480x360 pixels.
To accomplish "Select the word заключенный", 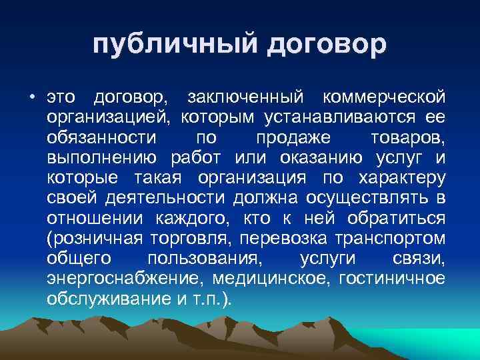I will pos(246,99).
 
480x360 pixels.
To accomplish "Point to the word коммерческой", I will pos(383,99).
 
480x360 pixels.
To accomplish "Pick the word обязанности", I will pos(102,139).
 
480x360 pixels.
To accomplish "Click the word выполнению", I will pos(102,159).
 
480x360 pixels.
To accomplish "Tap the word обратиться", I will pos(397,219).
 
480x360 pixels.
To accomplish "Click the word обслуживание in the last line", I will pos(107,298).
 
